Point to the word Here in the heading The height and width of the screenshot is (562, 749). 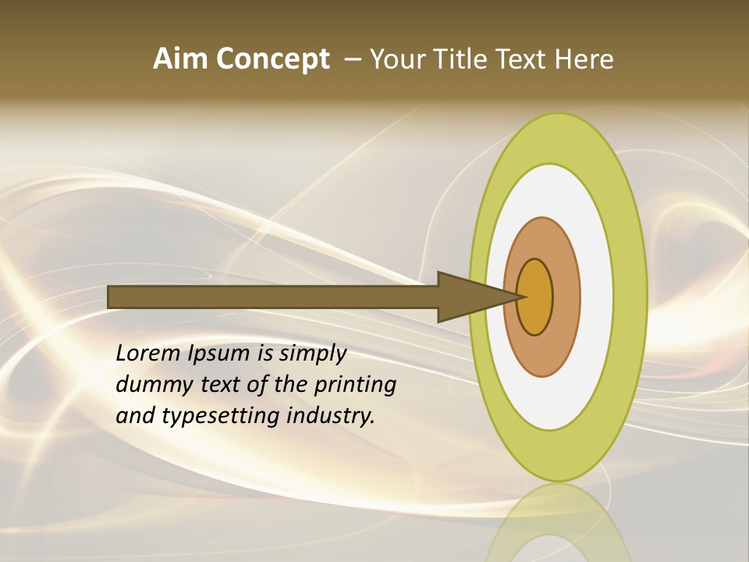584,59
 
